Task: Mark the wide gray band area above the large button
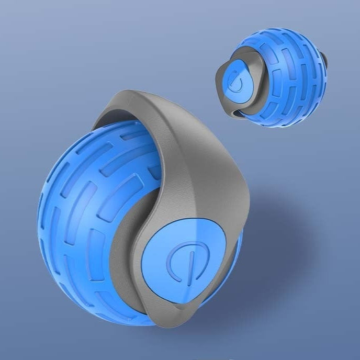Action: [204, 173]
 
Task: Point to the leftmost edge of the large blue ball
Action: [38, 220]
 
